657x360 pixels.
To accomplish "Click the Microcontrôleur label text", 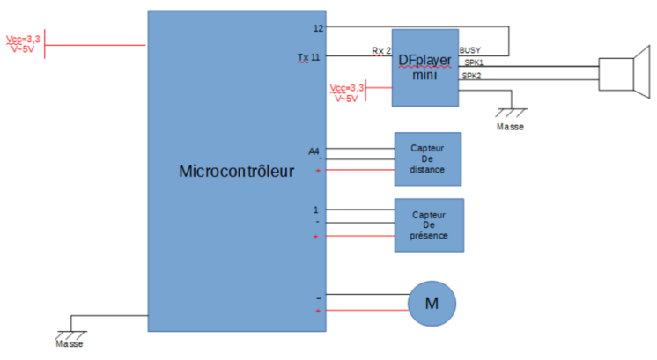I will pyautogui.click(x=236, y=172).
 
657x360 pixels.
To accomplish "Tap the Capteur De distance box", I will pyautogui.click(x=428, y=158).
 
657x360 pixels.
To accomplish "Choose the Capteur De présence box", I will pyautogui.click(x=430, y=225).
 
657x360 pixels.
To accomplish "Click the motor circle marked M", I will pyautogui.click(x=432, y=304).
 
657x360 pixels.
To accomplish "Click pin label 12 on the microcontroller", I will pyautogui.click(x=318, y=28).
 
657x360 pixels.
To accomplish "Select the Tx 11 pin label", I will pyautogui.click(x=309, y=57).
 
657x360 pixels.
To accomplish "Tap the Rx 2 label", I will pyautogui.click(x=381, y=51).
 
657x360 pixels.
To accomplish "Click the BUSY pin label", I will pyautogui.click(x=470, y=50).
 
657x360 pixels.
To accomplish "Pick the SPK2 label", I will pyautogui.click(x=472, y=77).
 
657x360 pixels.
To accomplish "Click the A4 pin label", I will pyautogui.click(x=314, y=151).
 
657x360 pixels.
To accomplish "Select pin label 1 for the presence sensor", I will pyautogui.click(x=315, y=209).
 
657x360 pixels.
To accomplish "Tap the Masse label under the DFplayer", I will pyautogui.click(x=510, y=127).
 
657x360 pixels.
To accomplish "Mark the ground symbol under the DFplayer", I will pyautogui.click(x=511, y=112).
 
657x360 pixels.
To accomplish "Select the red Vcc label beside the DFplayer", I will pyautogui.click(x=346, y=92).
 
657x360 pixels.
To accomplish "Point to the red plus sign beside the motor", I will pyautogui.click(x=318, y=311).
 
